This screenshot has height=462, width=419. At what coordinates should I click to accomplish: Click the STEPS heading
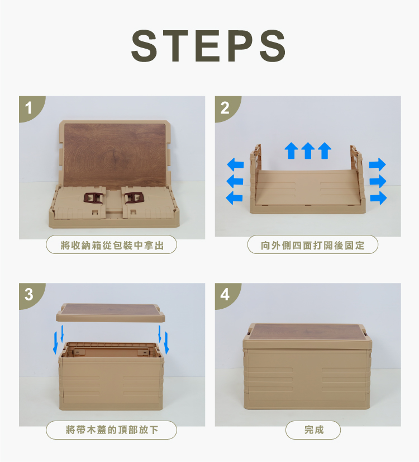[x=208, y=46]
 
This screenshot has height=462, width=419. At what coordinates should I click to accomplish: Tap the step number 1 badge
[x=30, y=107]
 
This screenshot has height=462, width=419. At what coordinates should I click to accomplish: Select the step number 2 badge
[x=225, y=107]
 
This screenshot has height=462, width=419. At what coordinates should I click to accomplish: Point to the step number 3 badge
[x=30, y=294]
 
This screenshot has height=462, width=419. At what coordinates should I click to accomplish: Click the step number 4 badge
[x=225, y=294]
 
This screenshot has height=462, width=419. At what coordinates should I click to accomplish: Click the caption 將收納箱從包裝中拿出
[x=112, y=245]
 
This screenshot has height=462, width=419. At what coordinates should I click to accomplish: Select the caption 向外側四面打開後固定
[x=312, y=245]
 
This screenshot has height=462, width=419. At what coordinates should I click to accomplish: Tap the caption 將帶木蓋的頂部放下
[x=112, y=430]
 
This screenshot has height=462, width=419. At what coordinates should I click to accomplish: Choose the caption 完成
[x=313, y=430]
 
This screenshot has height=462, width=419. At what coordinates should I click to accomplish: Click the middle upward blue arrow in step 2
[x=308, y=150]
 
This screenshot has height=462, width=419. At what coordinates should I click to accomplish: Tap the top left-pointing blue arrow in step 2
[x=235, y=164]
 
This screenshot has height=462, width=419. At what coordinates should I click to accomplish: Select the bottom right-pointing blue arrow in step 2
[x=378, y=197]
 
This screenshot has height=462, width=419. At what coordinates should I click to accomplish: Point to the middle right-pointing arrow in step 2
[x=378, y=181]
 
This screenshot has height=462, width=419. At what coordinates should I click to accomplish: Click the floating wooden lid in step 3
[x=111, y=313]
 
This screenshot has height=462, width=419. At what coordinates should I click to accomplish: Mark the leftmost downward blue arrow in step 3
[x=55, y=343]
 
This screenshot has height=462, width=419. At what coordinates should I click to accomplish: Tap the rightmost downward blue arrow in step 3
[x=167, y=343]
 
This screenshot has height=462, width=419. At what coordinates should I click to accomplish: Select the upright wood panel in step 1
[x=115, y=155]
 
